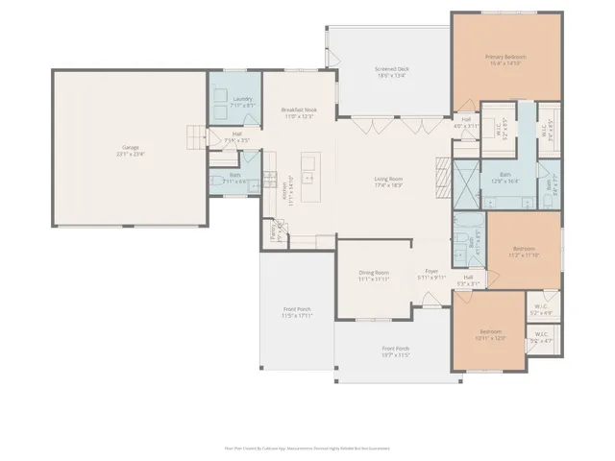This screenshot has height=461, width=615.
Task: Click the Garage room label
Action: [130, 149]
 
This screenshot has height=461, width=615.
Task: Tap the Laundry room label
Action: [242, 100]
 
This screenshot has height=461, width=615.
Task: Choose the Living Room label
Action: [388, 182]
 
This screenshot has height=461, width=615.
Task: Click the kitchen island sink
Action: [309, 177]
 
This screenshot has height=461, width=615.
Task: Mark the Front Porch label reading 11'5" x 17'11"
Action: [296, 312]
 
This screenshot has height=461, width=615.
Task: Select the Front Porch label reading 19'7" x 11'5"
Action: [395, 351]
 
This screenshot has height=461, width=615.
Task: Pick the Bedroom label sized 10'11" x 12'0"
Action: [491, 334]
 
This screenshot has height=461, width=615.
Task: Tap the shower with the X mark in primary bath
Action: [465, 184]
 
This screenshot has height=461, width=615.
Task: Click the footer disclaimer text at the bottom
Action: [307, 448]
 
